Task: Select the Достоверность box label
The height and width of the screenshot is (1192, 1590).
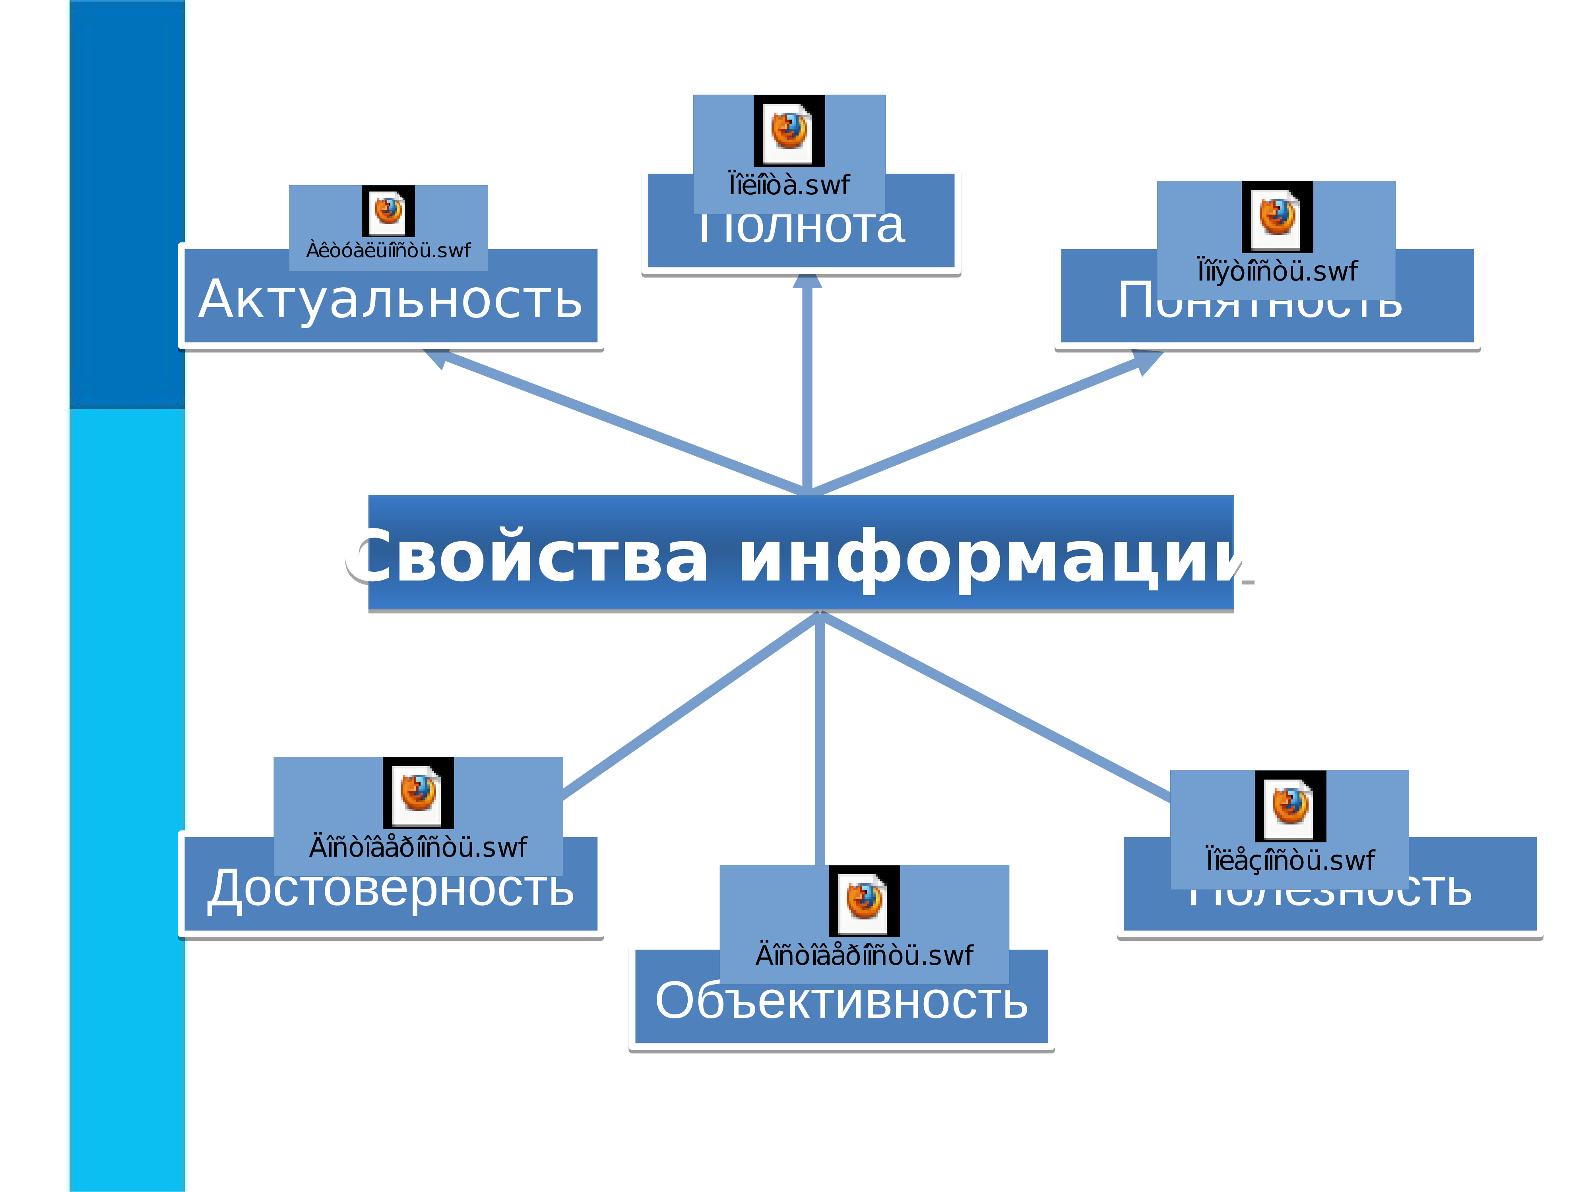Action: (390, 889)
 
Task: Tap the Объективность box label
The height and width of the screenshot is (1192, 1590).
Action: (841, 1001)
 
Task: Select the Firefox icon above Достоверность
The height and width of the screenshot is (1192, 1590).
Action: (418, 793)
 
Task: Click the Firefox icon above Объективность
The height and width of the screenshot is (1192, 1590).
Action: (864, 901)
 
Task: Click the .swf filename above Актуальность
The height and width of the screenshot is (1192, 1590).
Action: (388, 251)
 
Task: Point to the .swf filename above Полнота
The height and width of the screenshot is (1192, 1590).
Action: (789, 186)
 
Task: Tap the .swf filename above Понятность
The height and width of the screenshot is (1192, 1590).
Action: (1277, 272)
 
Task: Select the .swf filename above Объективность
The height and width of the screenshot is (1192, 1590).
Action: (864, 956)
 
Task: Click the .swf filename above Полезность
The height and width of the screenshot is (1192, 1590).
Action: (1290, 861)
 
